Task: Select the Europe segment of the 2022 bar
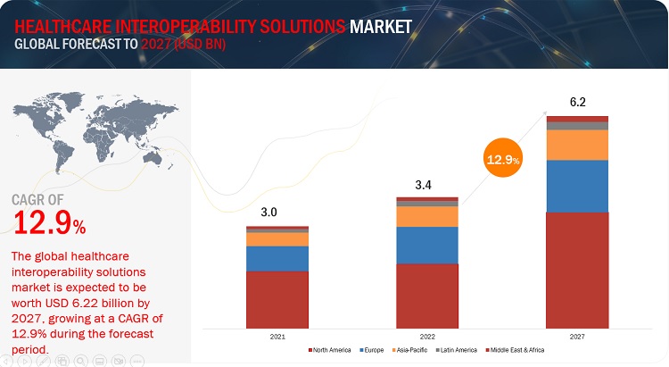pos(426,245)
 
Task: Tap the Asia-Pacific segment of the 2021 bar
pos(277,239)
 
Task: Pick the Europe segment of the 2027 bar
pos(577,186)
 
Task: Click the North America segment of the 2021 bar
pos(277,298)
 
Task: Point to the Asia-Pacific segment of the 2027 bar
pos(577,145)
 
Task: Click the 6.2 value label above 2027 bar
pos(577,102)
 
